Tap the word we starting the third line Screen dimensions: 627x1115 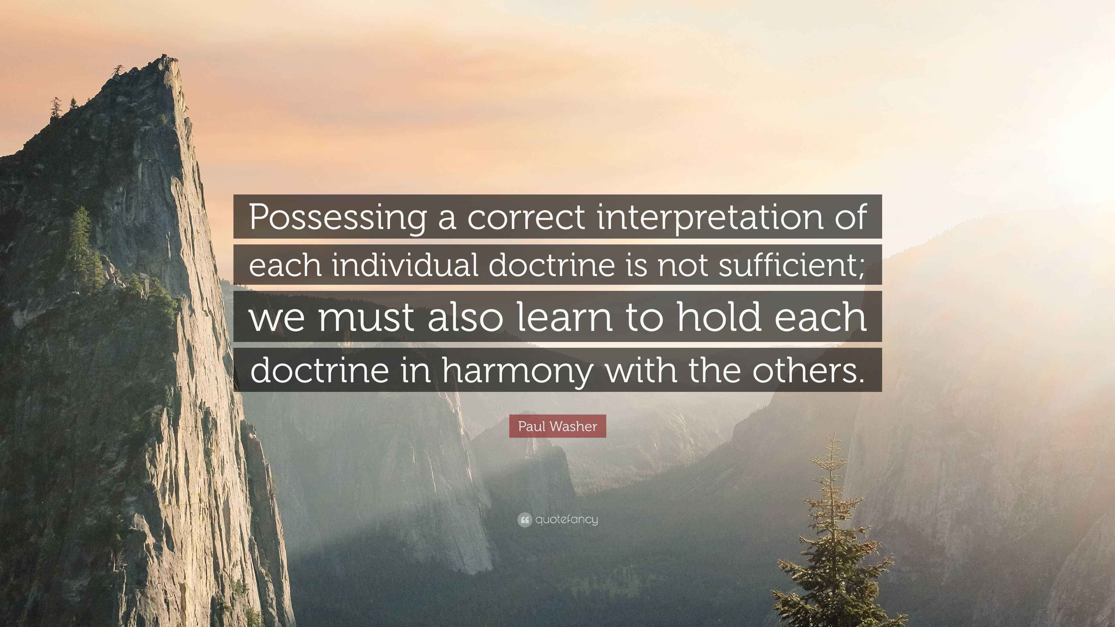click(x=277, y=318)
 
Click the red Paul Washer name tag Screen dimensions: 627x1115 click(x=557, y=426)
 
